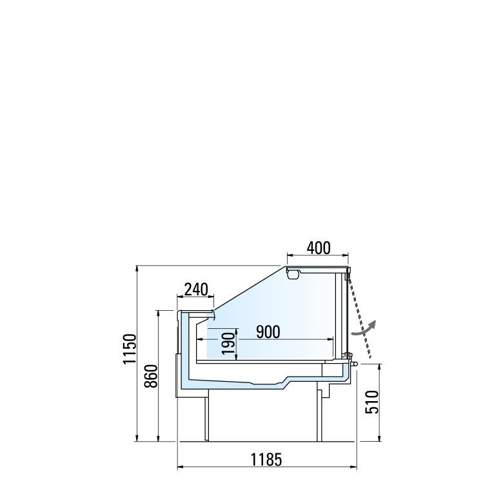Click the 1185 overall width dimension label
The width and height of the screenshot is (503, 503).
266,459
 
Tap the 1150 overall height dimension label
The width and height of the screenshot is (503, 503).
130,349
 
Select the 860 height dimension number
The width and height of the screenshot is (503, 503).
151,377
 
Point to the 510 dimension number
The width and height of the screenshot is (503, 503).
372,402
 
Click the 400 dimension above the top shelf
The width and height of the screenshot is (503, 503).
318,248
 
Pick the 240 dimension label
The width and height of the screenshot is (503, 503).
196,290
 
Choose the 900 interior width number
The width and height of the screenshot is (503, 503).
268,331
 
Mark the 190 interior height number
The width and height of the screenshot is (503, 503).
228,344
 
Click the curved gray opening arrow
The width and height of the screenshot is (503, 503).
364,329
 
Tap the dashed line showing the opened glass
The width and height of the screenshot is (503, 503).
359,317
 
